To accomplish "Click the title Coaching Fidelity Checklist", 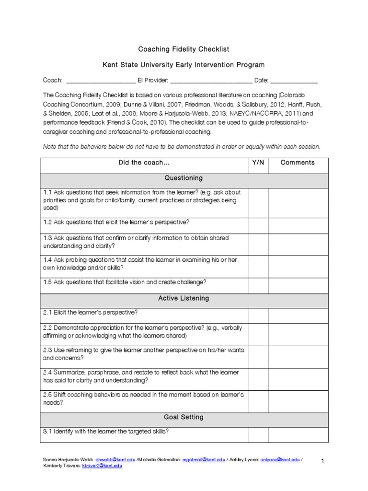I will click(x=184, y=49).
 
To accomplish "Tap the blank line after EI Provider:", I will click(x=211, y=81).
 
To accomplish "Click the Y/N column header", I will click(x=258, y=163).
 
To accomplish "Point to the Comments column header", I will click(x=298, y=163).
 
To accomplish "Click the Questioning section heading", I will click(x=184, y=178).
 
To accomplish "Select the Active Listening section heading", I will click(x=184, y=298).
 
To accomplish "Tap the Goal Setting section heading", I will click(x=184, y=418).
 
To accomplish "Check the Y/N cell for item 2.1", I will click(x=258, y=313).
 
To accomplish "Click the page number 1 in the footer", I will click(x=323, y=461).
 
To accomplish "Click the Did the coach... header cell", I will click(x=144, y=163).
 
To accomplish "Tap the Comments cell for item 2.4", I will click(x=298, y=376).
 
